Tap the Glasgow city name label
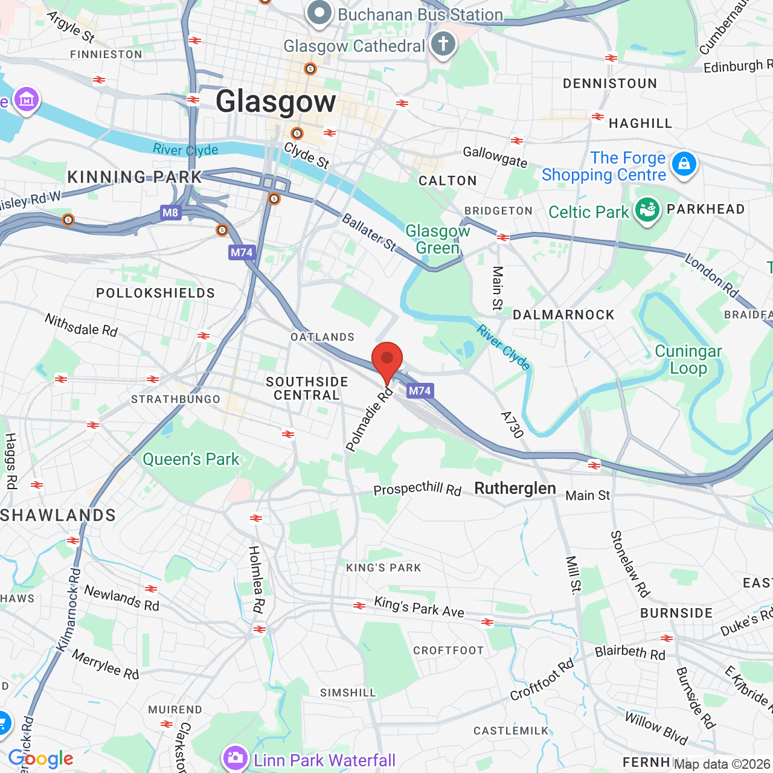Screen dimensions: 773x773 276,101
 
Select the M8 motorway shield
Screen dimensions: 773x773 170,213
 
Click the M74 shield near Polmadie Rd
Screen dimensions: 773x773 420,391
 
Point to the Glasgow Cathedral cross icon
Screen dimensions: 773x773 443,44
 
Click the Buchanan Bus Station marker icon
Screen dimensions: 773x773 319,13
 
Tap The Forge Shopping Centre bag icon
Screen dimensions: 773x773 684,163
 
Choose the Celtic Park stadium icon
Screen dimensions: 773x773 647,210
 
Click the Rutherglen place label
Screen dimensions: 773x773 515,488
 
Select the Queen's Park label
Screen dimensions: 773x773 191,460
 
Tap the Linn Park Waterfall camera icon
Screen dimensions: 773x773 235,757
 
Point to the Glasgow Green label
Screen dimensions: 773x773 438,239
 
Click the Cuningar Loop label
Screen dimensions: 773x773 688,359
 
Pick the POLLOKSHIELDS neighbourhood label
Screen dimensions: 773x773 156,293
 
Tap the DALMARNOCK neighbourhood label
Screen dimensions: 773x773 563,315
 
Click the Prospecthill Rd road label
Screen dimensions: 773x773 417,489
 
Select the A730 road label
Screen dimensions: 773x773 512,425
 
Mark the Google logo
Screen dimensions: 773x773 40,759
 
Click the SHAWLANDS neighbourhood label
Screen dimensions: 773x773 58,515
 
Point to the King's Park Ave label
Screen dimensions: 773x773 419,607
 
